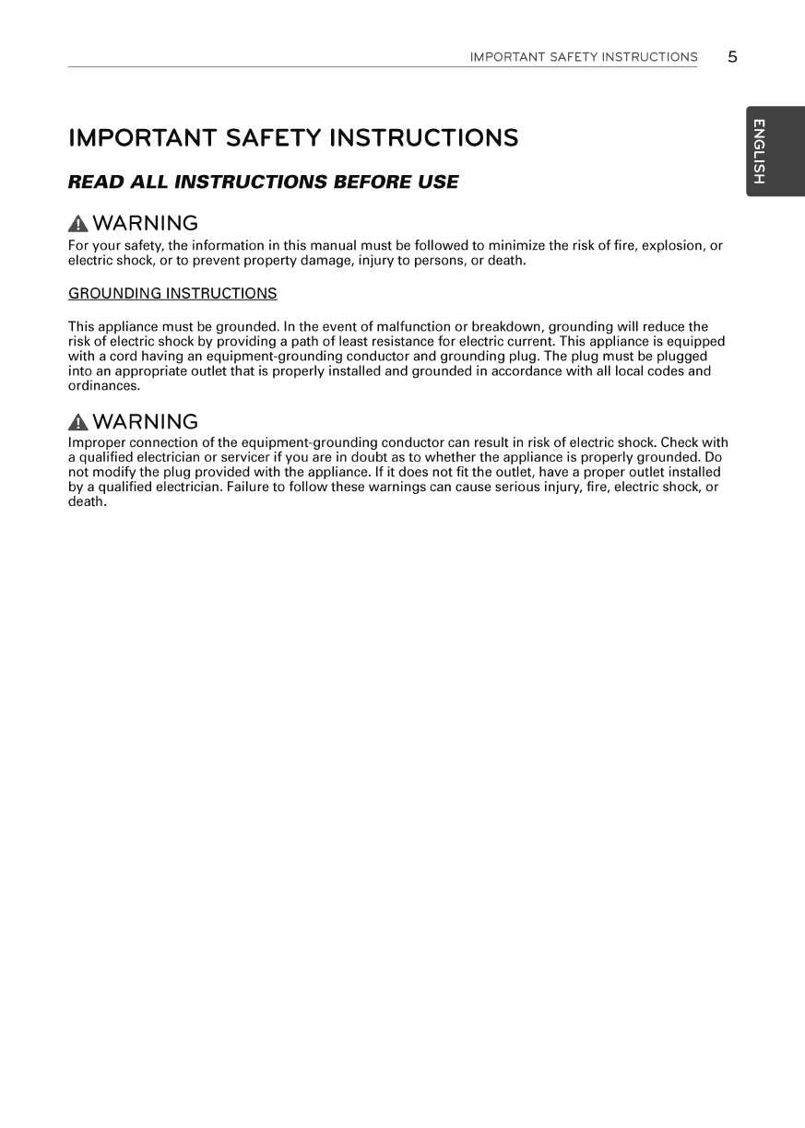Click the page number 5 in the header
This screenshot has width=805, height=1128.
tap(732, 56)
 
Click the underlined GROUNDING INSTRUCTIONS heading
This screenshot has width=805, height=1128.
tap(172, 294)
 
